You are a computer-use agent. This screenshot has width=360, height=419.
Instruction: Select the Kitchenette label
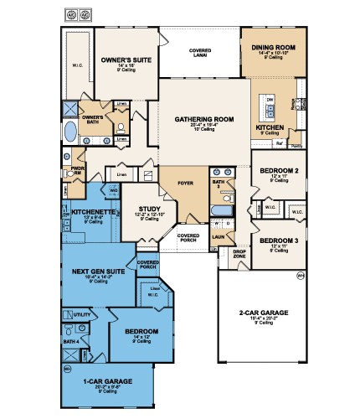93,213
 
